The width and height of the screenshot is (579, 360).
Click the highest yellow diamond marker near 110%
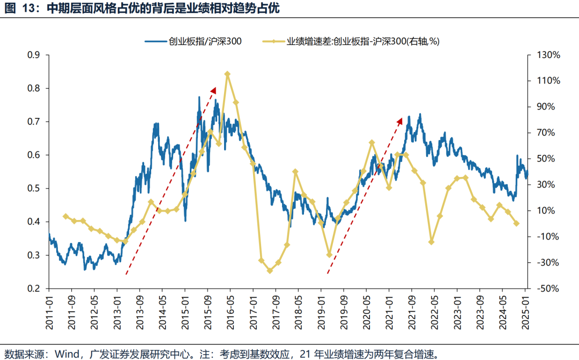pos(227,74)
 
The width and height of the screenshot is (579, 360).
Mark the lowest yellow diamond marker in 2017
pos(270,270)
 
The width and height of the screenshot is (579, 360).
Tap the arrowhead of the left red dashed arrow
pos(213,90)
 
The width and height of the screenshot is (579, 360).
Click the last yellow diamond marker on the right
pos(517,224)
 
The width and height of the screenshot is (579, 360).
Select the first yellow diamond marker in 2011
pos(65,216)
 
